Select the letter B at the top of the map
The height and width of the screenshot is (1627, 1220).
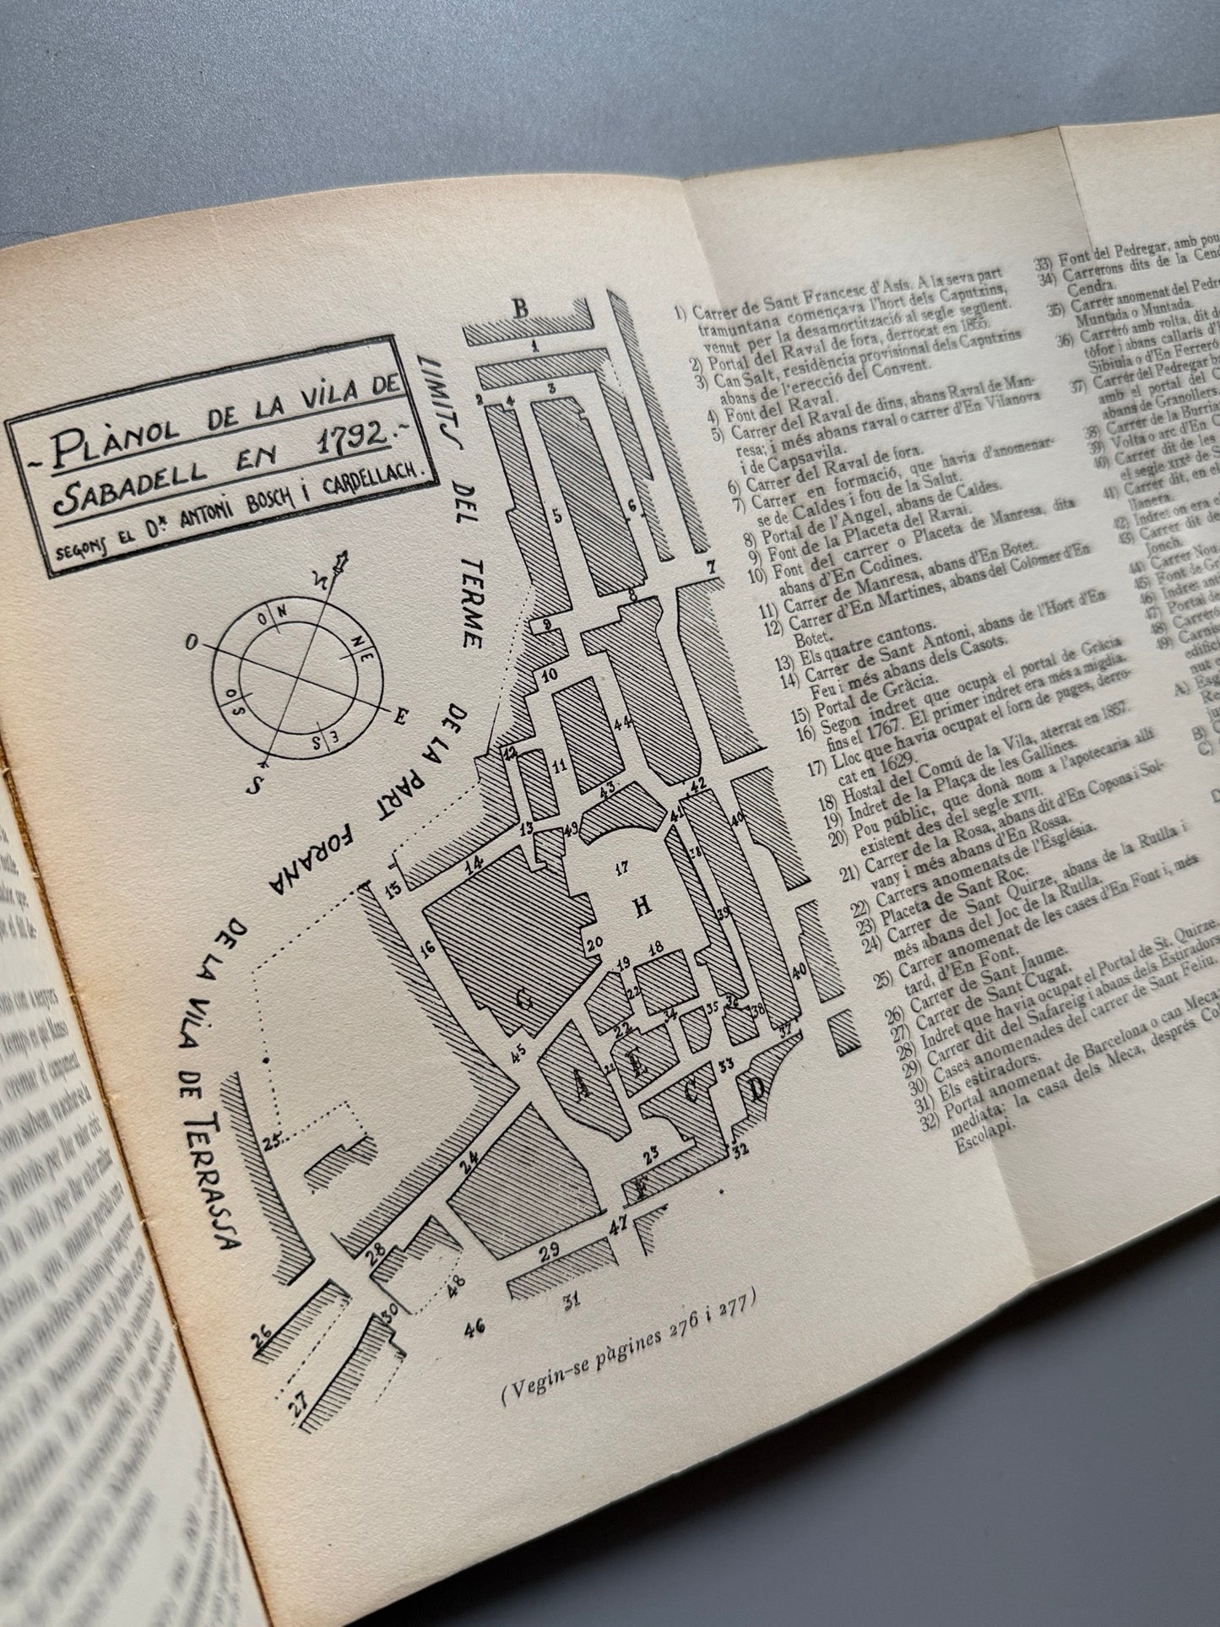coord(521,310)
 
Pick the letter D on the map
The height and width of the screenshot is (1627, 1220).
coord(757,1089)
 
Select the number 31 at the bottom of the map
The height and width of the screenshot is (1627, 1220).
coord(572,1301)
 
